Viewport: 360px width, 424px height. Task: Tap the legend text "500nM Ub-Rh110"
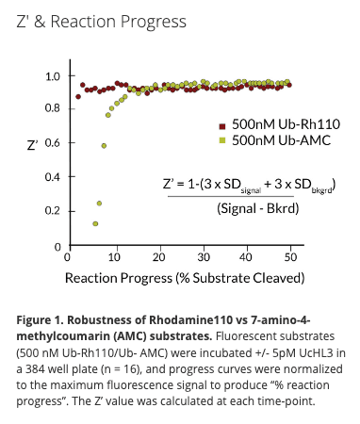click(x=280, y=124)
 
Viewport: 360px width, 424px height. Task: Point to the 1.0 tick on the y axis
click(x=54, y=76)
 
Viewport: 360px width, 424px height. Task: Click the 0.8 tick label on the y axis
click(x=54, y=109)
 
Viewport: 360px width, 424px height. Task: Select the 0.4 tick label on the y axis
click(x=54, y=177)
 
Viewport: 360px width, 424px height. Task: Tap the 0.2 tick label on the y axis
click(x=54, y=211)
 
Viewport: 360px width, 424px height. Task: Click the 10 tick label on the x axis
click(x=113, y=256)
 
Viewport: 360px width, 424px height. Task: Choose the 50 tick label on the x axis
click(x=293, y=256)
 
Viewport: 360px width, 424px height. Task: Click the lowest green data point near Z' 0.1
click(x=95, y=223)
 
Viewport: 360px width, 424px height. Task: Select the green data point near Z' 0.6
click(x=104, y=145)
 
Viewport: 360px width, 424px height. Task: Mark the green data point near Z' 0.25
click(x=99, y=203)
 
